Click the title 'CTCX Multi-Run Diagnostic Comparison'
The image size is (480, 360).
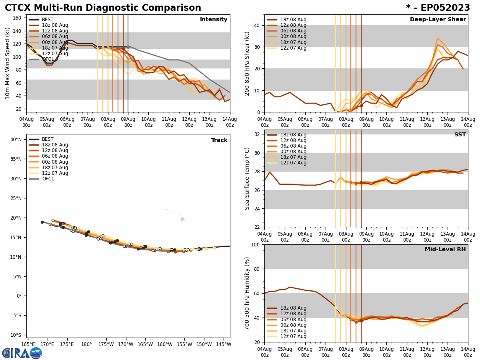(103, 8)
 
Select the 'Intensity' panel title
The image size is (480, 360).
(214, 20)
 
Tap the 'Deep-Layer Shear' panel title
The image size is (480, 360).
(438, 20)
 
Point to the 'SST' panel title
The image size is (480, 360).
(460, 135)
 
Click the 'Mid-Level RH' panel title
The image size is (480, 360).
(445, 250)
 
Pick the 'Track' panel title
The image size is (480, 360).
(219, 140)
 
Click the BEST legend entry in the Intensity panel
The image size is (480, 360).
(48, 20)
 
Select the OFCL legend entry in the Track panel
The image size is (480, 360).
(48, 179)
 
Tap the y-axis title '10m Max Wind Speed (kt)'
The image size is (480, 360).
(8, 63)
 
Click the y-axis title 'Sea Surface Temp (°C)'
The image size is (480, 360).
(247, 178)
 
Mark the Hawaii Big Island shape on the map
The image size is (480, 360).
(182, 219)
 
